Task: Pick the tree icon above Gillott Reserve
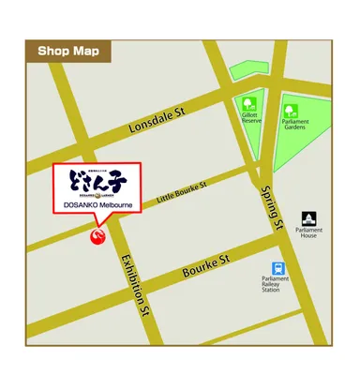[x=249, y=105]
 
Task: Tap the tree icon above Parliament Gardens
[x=292, y=109]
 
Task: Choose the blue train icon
[x=277, y=268]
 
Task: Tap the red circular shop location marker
[x=97, y=234]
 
